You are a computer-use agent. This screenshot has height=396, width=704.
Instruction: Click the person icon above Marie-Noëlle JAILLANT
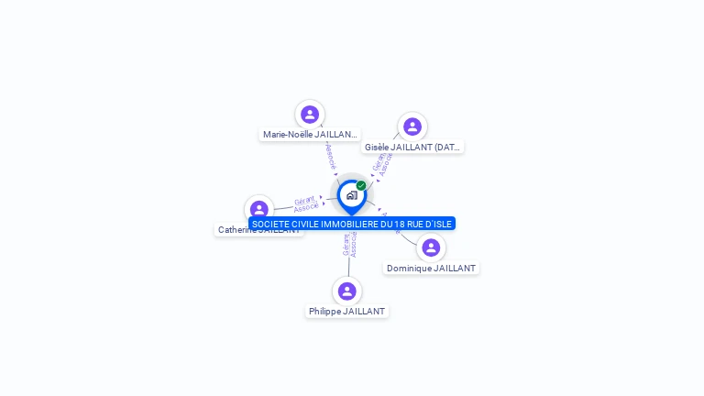pyautogui.click(x=310, y=115)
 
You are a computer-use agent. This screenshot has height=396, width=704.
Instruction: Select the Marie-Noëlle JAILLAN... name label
pyautogui.click(x=310, y=135)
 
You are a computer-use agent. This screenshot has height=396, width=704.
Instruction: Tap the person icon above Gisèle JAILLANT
pyautogui.click(x=412, y=126)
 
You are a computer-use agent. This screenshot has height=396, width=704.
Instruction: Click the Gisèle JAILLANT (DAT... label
pyautogui.click(x=412, y=147)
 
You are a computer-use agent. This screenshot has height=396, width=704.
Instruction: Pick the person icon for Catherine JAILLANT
pyautogui.click(x=259, y=210)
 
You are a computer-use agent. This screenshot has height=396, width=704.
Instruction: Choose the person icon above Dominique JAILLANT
pyautogui.click(x=431, y=247)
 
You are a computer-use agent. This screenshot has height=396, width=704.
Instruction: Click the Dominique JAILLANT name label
pyautogui.click(x=431, y=269)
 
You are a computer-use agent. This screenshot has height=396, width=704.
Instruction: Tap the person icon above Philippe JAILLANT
pyautogui.click(x=346, y=291)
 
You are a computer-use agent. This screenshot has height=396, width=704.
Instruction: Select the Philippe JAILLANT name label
pyautogui.click(x=346, y=312)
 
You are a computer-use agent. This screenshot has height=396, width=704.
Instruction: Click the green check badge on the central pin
pyautogui.click(x=361, y=186)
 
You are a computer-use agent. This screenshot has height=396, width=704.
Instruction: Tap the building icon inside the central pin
pyautogui.click(x=351, y=195)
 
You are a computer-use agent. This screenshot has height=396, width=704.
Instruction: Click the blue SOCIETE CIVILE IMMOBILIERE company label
pyautogui.click(x=352, y=224)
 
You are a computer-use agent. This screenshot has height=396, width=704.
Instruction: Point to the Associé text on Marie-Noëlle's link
pyautogui.click(x=330, y=155)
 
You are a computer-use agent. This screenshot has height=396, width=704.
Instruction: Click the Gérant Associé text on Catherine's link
pyautogui.click(x=306, y=203)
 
